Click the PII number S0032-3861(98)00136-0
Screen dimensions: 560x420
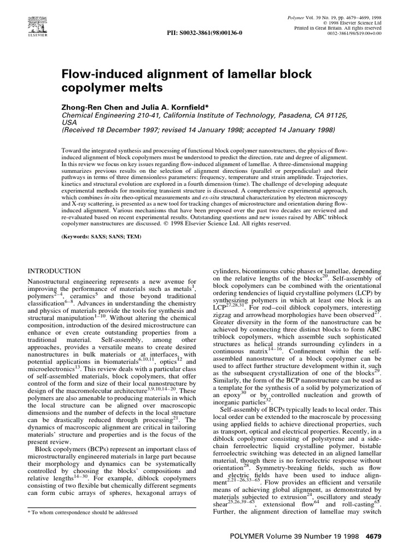(203, 33)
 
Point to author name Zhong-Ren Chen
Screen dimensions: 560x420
(91, 108)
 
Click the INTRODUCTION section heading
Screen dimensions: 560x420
(54, 271)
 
